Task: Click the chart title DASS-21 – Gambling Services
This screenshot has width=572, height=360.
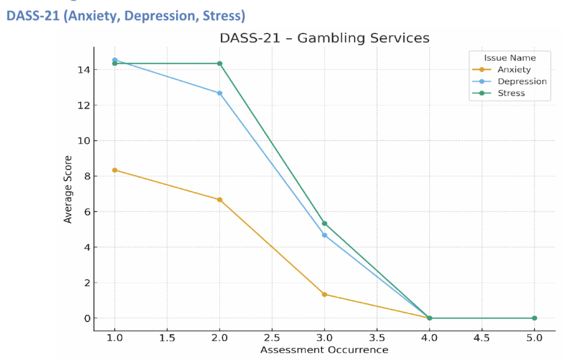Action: (324, 38)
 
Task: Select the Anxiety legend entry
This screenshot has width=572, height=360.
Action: (514, 70)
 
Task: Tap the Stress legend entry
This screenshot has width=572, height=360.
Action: (511, 93)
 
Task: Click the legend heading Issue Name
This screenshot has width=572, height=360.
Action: (510, 58)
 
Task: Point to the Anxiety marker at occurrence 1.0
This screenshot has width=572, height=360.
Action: (115, 170)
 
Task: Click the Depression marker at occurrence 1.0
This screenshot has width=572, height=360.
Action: (115, 60)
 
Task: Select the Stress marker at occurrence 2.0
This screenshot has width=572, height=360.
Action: (220, 63)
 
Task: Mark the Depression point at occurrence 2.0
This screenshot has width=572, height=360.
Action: (220, 93)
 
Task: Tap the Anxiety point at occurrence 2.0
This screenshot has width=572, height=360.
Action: (220, 200)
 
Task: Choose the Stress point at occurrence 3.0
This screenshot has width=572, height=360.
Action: (325, 223)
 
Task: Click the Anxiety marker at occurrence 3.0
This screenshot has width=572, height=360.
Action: (325, 294)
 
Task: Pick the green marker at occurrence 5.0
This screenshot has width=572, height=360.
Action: (534, 318)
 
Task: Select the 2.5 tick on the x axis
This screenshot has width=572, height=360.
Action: (272, 338)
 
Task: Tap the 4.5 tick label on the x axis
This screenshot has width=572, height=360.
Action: (482, 338)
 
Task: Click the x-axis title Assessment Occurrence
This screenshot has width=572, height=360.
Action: (324, 350)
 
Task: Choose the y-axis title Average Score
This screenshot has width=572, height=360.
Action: (68, 189)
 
